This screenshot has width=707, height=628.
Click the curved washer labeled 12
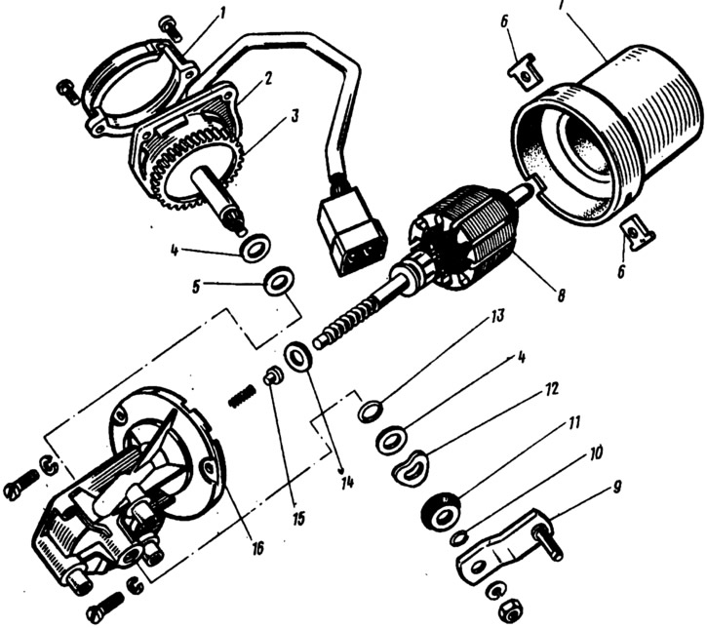(x=414, y=466)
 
